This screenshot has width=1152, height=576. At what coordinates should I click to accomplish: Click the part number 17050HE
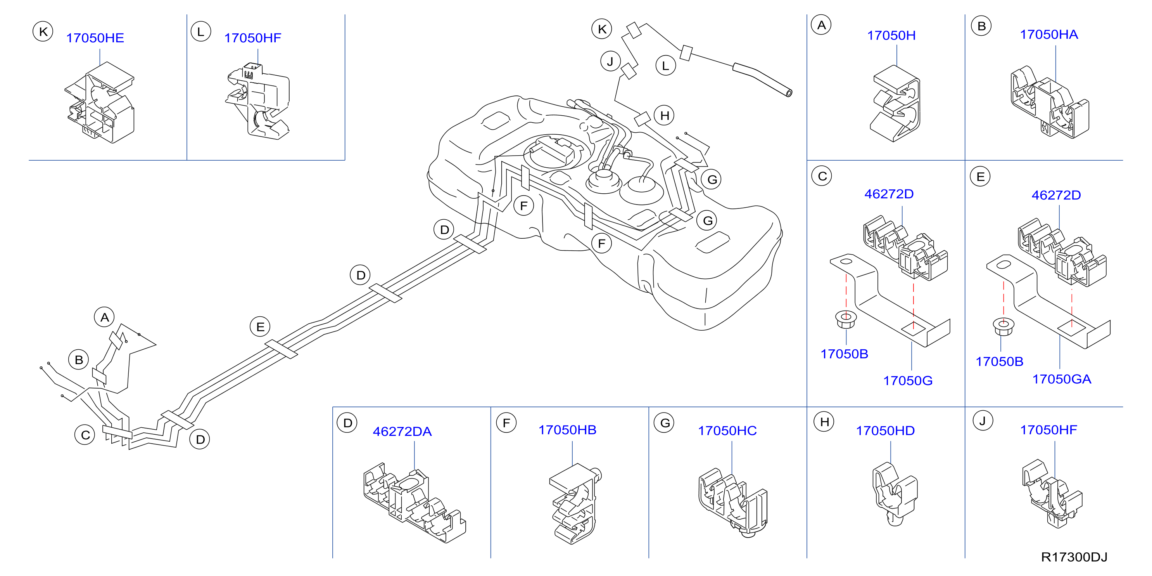pyautogui.click(x=95, y=38)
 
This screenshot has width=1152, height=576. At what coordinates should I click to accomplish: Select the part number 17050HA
pyautogui.click(x=1049, y=35)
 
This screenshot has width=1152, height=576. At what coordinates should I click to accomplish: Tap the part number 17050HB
pyautogui.click(x=567, y=430)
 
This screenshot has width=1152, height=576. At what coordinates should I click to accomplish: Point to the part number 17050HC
pyautogui.click(x=727, y=431)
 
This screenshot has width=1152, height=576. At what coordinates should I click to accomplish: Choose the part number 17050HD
pyautogui.click(x=885, y=431)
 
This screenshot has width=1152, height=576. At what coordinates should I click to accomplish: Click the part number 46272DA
pyautogui.click(x=402, y=432)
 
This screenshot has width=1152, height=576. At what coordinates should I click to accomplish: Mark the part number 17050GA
pyautogui.click(x=1062, y=379)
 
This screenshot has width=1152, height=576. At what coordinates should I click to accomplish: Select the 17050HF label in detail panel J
pyautogui.click(x=1048, y=430)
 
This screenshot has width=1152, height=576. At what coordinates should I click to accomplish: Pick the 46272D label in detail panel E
pyautogui.click(x=1056, y=195)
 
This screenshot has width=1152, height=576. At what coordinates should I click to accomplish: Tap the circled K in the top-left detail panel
pyautogui.click(x=43, y=32)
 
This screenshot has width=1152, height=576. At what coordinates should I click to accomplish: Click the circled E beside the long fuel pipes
pyautogui.click(x=260, y=327)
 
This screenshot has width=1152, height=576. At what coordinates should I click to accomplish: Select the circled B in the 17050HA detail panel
pyautogui.click(x=981, y=26)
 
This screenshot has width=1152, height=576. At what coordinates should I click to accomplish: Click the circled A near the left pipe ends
pyautogui.click(x=105, y=317)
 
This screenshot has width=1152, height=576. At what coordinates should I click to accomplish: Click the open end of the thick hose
pyautogui.click(x=789, y=93)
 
